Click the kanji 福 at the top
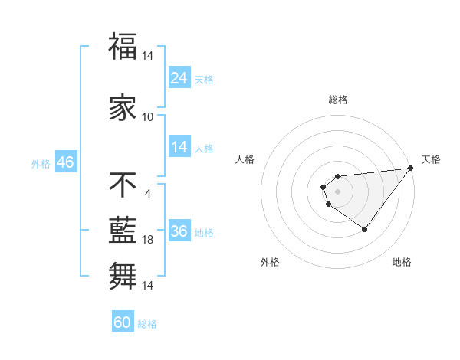click(123, 47)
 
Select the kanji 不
click(123, 185)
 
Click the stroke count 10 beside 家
click(148, 117)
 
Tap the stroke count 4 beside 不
click(148, 193)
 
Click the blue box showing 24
click(179, 78)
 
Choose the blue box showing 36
click(179, 231)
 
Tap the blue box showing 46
click(65, 162)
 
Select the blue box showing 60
click(123, 322)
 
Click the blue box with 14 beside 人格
click(179, 147)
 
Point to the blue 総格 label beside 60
click(148, 324)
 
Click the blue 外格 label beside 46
click(41, 163)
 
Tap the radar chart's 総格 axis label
click(338, 100)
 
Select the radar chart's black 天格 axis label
click(431, 159)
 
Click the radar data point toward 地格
click(365, 229)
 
